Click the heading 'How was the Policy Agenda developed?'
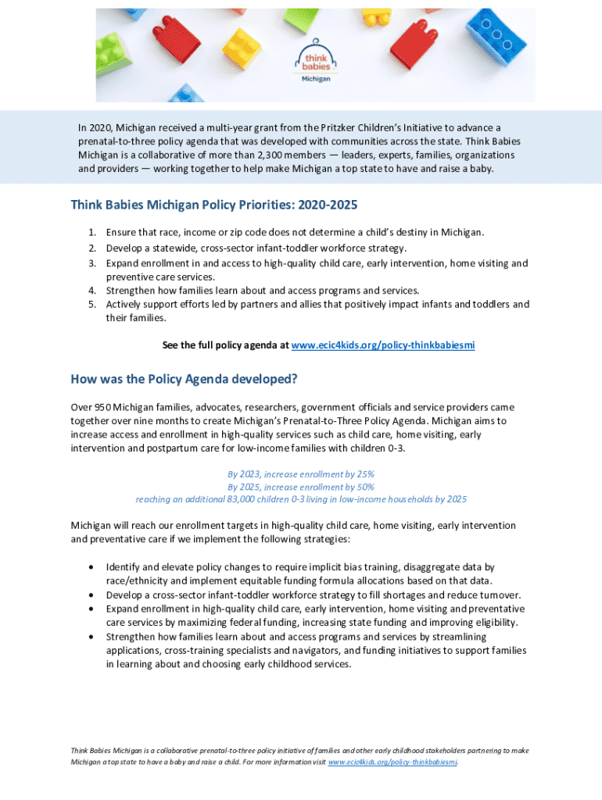click(184, 380)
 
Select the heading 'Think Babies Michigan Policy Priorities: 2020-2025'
click(213, 205)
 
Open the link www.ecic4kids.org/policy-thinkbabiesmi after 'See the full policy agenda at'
click(382, 345)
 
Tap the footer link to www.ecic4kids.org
click(392, 761)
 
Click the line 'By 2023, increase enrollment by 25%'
click(300, 474)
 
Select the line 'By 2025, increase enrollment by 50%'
click(300, 487)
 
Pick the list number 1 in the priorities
click(92, 233)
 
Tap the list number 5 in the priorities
click(92, 304)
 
